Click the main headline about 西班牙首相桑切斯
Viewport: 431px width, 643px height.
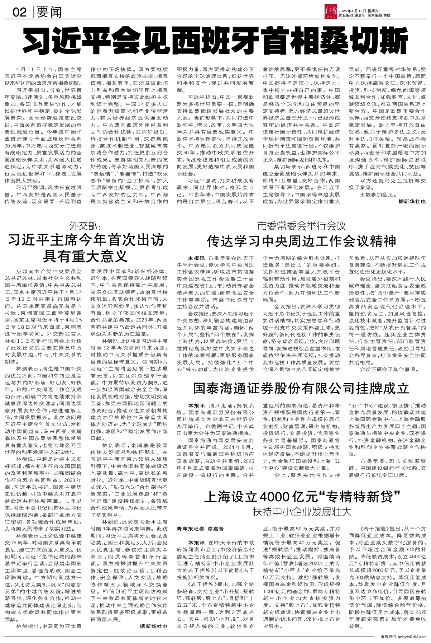point(215,42)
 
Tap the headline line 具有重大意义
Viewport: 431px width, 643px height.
point(85,255)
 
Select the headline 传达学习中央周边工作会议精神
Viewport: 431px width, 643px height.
point(302,241)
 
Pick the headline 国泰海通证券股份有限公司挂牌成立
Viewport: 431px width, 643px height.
point(301,389)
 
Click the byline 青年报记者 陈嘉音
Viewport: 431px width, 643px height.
point(200,529)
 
